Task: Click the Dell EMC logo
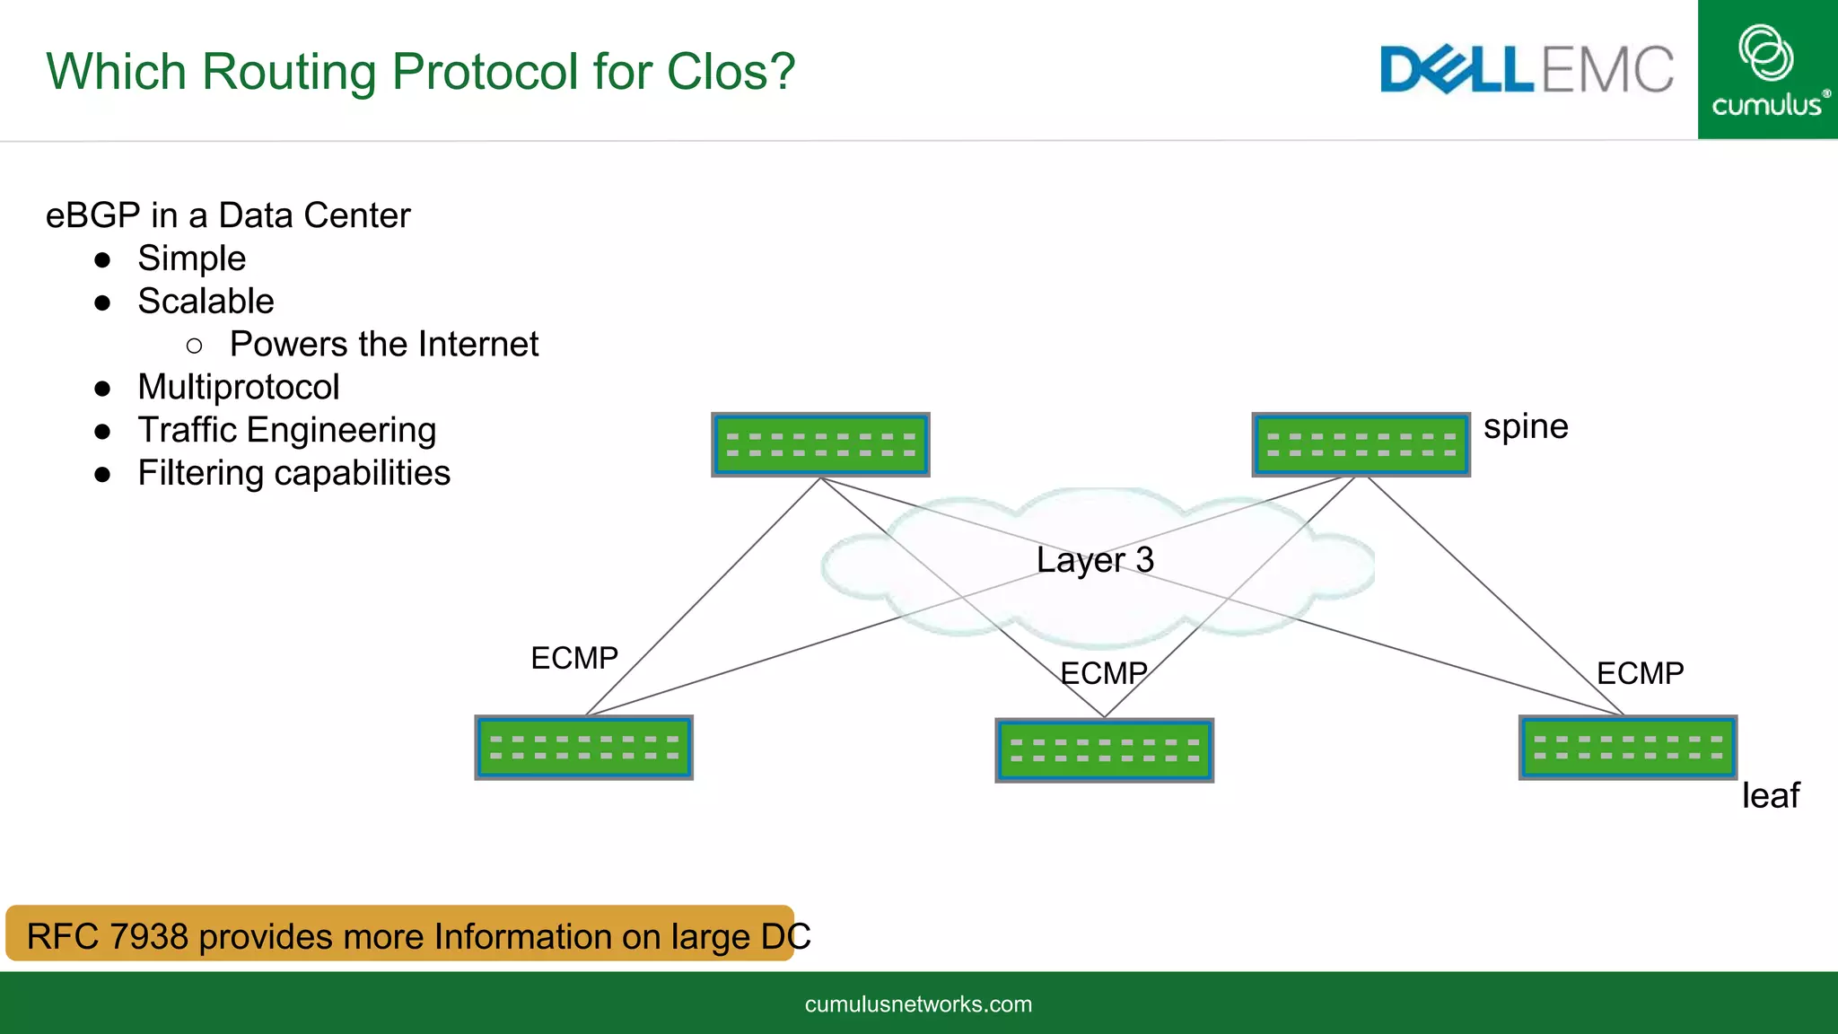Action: point(1526,70)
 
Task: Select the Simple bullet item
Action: point(191,258)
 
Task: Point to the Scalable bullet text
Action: point(206,302)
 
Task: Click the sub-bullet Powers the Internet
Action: point(383,345)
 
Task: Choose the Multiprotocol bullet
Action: point(238,388)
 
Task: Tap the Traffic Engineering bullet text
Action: point(286,431)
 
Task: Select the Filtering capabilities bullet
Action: point(293,473)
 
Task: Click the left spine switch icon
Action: point(820,445)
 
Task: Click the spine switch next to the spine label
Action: point(1361,445)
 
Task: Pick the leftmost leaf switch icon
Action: point(583,748)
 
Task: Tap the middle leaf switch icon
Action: point(1104,750)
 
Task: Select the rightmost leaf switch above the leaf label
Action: point(1627,748)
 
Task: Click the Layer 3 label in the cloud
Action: point(1094,560)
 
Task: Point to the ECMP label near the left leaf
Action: point(574,658)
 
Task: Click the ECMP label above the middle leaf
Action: point(1103,673)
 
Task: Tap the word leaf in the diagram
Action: point(1770,795)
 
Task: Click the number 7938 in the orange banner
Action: point(148,936)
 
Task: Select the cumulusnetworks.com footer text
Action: point(918,1004)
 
